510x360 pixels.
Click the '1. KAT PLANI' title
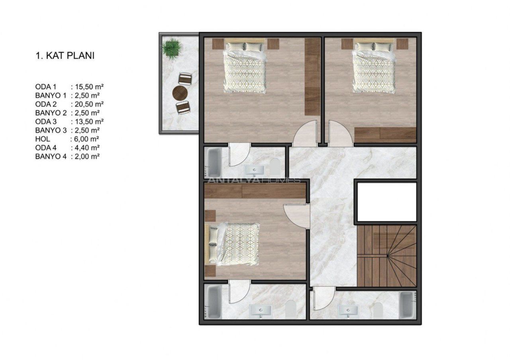pos(65,56)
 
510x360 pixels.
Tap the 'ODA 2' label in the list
pos(46,104)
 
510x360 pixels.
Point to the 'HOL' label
pos(43,139)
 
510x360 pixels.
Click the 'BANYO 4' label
pos(51,157)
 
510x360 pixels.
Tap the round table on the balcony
pos(180,92)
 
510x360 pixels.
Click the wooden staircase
pos(386,256)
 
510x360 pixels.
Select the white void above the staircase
pos(386,202)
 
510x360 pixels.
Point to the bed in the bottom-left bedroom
pos(232,245)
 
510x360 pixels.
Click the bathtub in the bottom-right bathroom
pos(408,305)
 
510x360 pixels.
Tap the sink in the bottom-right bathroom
pos(348,311)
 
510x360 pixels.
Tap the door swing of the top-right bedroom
pos(340,133)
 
